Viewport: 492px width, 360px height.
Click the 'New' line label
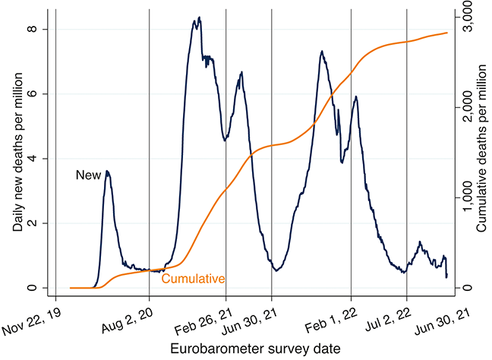(88, 175)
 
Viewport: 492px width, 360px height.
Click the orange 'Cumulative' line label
(193, 279)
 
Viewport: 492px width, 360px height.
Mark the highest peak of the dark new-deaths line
(199, 17)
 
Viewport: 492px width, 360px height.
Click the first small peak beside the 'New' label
(108, 172)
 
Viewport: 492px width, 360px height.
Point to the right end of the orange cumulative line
(447, 33)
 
